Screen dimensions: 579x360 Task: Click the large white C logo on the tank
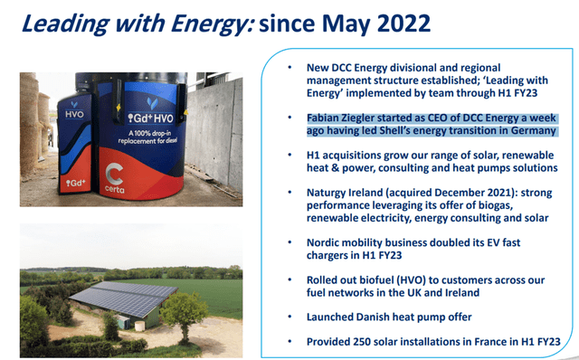pos(114,174)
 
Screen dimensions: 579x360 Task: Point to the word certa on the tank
pos(114,189)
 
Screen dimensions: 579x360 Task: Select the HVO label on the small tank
pos(74,115)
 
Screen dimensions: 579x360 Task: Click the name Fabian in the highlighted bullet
pos(325,118)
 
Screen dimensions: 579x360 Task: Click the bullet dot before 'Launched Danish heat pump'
pos(289,317)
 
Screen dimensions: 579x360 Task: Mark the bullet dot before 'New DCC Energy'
pos(289,68)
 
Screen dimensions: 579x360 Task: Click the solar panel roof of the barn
pos(124,298)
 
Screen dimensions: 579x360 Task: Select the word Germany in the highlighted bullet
pos(533,131)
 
